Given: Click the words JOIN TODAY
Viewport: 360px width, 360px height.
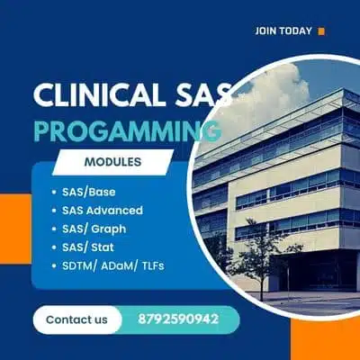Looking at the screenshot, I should pos(283,31).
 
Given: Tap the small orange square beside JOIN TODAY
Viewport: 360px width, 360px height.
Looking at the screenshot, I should pos(321,31).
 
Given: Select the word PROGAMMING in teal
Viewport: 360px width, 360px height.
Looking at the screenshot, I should pos(126,131).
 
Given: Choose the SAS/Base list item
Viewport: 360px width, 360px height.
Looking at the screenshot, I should pos(89,191).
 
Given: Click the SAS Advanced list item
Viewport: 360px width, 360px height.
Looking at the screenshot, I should pos(103,210).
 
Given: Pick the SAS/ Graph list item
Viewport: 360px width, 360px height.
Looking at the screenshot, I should pos(94,229).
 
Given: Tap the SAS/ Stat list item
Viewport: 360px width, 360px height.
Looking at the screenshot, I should pos(90,247).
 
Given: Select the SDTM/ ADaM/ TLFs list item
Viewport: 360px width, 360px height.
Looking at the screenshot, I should pos(113,266).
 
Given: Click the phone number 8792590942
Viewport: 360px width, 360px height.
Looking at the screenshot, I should pos(181,319).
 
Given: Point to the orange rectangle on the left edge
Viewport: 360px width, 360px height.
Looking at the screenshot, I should pos(13,238).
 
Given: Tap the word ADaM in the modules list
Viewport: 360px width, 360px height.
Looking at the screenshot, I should pos(126,266).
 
